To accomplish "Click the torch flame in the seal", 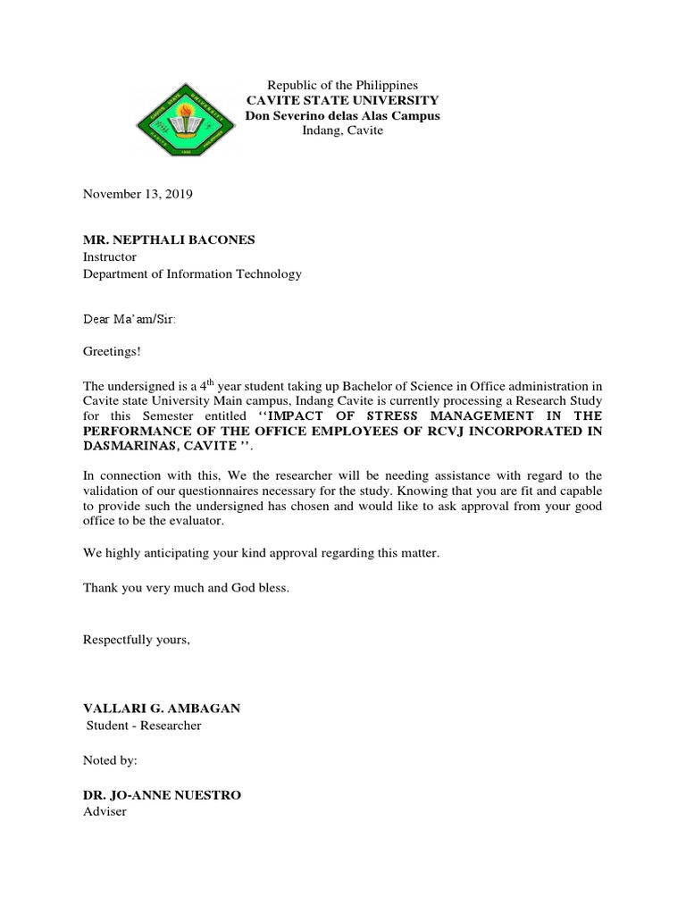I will click(185, 112).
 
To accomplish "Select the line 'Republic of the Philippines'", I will click(343, 85).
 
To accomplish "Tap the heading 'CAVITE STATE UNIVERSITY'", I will click(343, 100).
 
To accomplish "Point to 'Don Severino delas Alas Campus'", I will click(343, 115).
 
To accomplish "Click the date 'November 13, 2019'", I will click(138, 193).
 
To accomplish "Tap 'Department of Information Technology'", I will click(192, 274).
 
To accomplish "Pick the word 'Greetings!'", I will click(112, 352).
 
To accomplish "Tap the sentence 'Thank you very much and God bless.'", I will click(186, 588).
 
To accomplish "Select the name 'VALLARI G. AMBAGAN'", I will click(162, 708).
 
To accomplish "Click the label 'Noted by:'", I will click(112, 760).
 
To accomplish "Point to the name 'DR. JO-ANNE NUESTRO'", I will click(162, 794).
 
